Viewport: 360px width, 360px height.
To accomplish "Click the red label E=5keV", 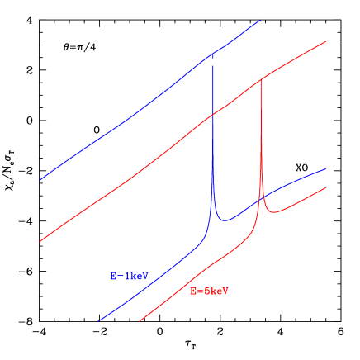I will click(x=209, y=291).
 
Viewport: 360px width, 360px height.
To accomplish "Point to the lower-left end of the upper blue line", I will click(x=40, y=180).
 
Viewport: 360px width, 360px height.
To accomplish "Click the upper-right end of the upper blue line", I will click(x=260, y=21).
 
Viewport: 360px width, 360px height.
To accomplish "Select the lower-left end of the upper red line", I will click(x=40, y=242).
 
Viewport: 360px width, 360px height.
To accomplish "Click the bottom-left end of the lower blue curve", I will click(x=98, y=322).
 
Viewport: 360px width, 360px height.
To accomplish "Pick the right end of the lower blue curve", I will click(x=326, y=169).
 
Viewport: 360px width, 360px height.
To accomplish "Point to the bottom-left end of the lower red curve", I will click(x=139, y=321).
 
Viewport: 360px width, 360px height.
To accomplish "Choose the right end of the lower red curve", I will click(x=326, y=187).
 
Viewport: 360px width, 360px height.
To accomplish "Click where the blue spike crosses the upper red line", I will click(x=213, y=113).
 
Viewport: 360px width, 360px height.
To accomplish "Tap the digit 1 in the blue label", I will click(x=126, y=276).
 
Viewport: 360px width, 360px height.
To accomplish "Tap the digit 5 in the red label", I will click(x=206, y=291).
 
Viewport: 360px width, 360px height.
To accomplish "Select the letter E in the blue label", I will click(x=113, y=276).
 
